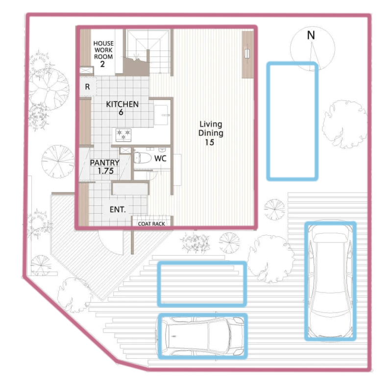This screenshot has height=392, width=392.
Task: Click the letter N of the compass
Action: pyautogui.click(x=311, y=35)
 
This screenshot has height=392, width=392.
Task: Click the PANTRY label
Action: pyautogui.click(x=104, y=163)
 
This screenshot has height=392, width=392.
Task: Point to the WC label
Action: pyautogui.click(x=160, y=158)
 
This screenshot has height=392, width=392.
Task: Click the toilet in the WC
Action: pyautogui.click(x=142, y=158)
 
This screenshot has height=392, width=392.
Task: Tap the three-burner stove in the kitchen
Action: pyautogui.click(x=123, y=135)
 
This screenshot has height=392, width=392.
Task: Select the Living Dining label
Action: pyautogui.click(x=211, y=128)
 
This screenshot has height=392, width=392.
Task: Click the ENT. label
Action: pyautogui.click(x=118, y=210)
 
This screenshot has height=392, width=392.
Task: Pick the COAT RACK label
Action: pyautogui.click(x=151, y=224)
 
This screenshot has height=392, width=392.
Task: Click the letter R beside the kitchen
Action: pyautogui.click(x=87, y=87)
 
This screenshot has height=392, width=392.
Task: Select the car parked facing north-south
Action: pyautogui.click(x=330, y=281)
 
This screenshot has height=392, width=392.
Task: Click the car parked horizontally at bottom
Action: pyautogui.click(x=200, y=336)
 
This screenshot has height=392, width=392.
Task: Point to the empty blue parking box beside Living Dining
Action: pyautogui.click(x=292, y=121)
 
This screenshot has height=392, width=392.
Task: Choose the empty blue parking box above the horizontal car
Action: pyautogui.click(x=202, y=284)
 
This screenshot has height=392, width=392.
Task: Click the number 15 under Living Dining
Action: pyautogui.click(x=210, y=143)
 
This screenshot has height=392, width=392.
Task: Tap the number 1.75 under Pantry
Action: pyautogui.click(x=105, y=171)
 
